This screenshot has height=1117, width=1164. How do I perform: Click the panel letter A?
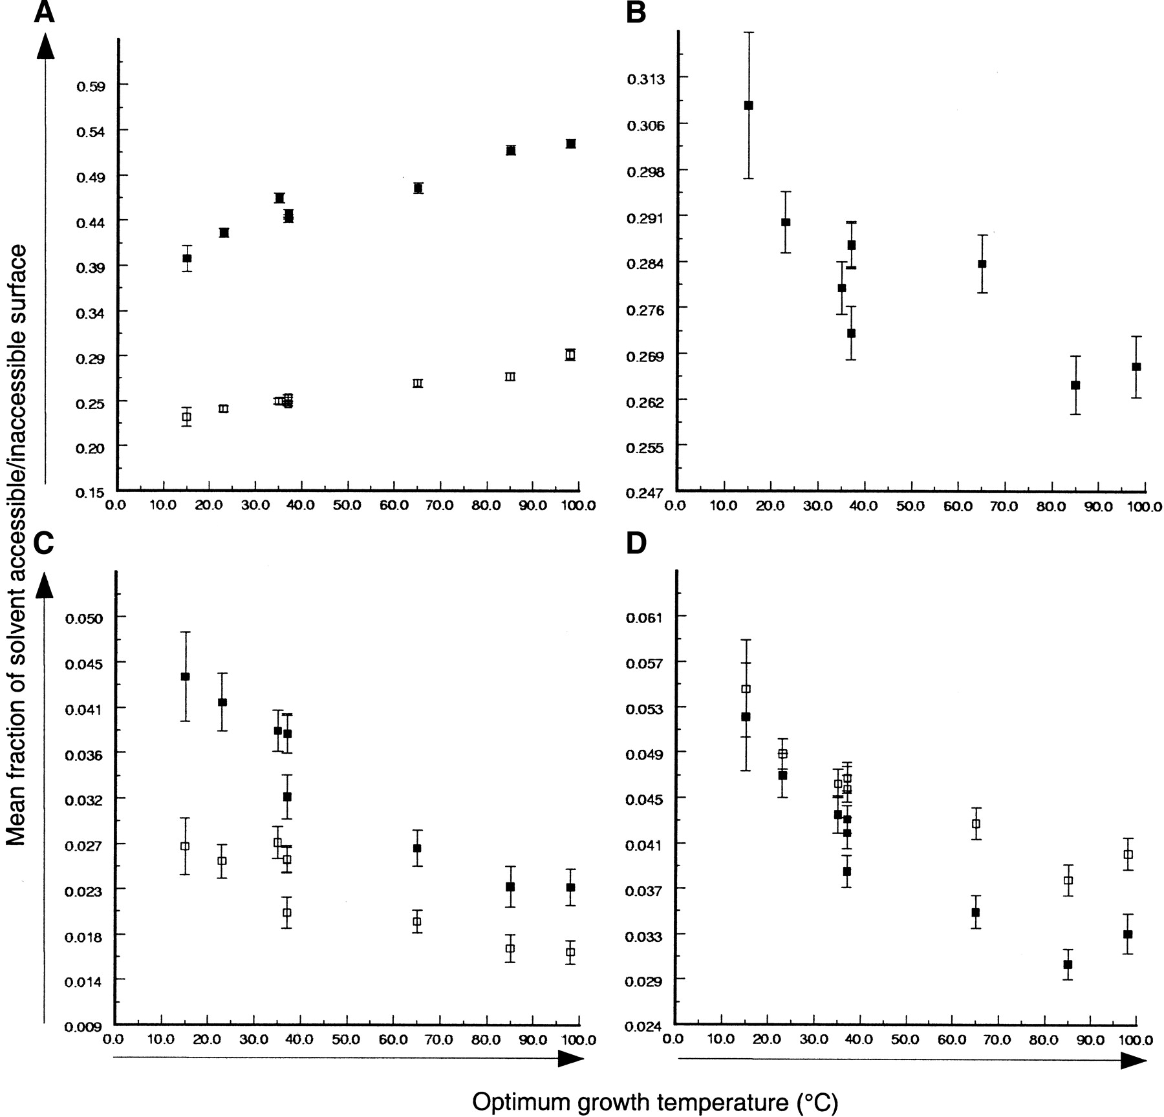(43, 12)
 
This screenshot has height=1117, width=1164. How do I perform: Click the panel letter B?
(636, 12)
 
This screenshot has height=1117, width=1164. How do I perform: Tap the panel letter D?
(636, 544)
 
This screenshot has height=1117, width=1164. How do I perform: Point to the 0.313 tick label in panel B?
(645, 79)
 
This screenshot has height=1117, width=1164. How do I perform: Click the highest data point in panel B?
(749, 105)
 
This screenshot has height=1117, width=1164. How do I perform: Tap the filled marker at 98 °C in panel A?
(570, 144)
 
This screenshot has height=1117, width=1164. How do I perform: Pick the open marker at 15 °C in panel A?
(186, 417)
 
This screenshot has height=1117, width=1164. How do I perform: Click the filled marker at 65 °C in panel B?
(982, 264)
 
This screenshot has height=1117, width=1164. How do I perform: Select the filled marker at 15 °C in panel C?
(185, 676)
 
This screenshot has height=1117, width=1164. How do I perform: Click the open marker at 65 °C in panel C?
(417, 922)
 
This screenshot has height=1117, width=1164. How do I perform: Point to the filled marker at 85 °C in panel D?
(1068, 964)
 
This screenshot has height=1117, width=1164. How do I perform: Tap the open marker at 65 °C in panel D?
(976, 824)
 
